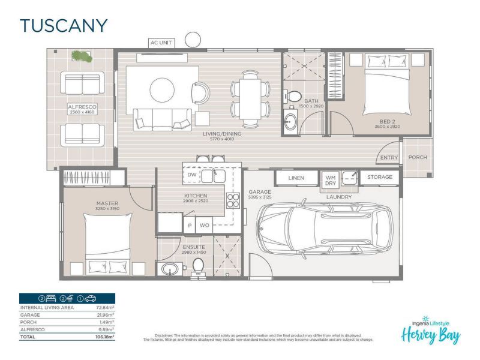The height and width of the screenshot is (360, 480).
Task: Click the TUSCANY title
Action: tap(64, 25)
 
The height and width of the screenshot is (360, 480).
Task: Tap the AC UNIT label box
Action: tap(162, 43)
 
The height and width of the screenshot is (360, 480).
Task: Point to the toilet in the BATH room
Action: tap(293, 96)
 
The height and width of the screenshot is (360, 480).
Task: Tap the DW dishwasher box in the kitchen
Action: tap(191, 175)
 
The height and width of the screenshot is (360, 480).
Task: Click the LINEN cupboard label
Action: tap(296, 178)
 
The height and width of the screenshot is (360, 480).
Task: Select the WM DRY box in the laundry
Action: tap(331, 181)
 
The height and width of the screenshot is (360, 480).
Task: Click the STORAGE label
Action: tap(380, 177)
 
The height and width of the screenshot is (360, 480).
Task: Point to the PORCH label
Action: tap(418, 158)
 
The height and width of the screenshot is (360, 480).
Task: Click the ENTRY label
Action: tap(389, 158)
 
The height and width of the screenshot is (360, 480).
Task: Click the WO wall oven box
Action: tap(204, 226)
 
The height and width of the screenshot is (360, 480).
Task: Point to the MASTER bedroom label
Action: tap(107, 203)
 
